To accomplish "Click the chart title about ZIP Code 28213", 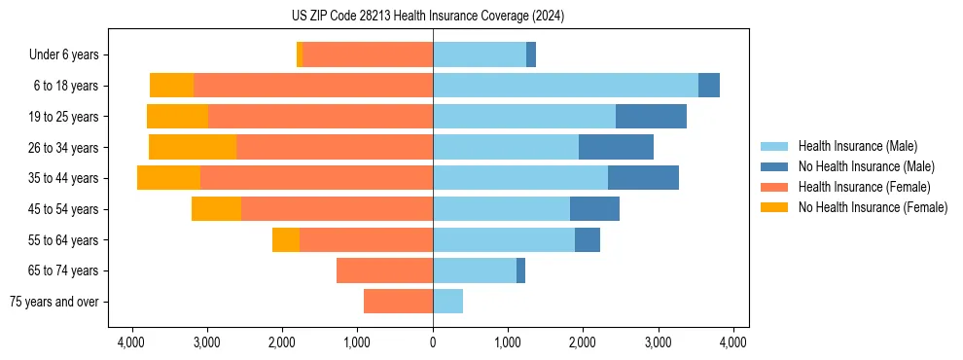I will pyautogui.click(x=427, y=17).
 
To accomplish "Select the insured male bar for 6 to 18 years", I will pyautogui.click(x=565, y=86).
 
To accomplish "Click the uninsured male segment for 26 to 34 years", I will pyautogui.click(x=616, y=147).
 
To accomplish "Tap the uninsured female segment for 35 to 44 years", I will pyautogui.click(x=168, y=178).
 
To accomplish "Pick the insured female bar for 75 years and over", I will pyautogui.click(x=398, y=302).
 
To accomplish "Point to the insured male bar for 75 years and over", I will pyautogui.click(x=447, y=302).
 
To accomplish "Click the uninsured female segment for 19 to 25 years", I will pyautogui.click(x=177, y=117).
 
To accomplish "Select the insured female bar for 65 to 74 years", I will pyautogui.click(x=384, y=270).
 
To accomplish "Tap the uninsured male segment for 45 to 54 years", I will pyautogui.click(x=594, y=209).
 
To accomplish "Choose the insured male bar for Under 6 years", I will pyautogui.click(x=480, y=54).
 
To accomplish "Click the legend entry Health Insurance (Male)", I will pyautogui.click(x=857, y=146).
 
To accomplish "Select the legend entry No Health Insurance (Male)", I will pyautogui.click(x=866, y=166).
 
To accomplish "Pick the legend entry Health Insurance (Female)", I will pyautogui.click(x=864, y=187).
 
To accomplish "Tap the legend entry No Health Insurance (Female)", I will pyautogui.click(x=873, y=207).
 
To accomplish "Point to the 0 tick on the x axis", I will pyautogui.click(x=433, y=342).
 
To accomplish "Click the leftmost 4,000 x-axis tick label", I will pyautogui.click(x=132, y=342).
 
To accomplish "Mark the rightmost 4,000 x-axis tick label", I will pyautogui.click(x=732, y=342).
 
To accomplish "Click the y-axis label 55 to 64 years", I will pyautogui.click(x=63, y=240).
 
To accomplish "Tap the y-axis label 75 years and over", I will pyautogui.click(x=54, y=302).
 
